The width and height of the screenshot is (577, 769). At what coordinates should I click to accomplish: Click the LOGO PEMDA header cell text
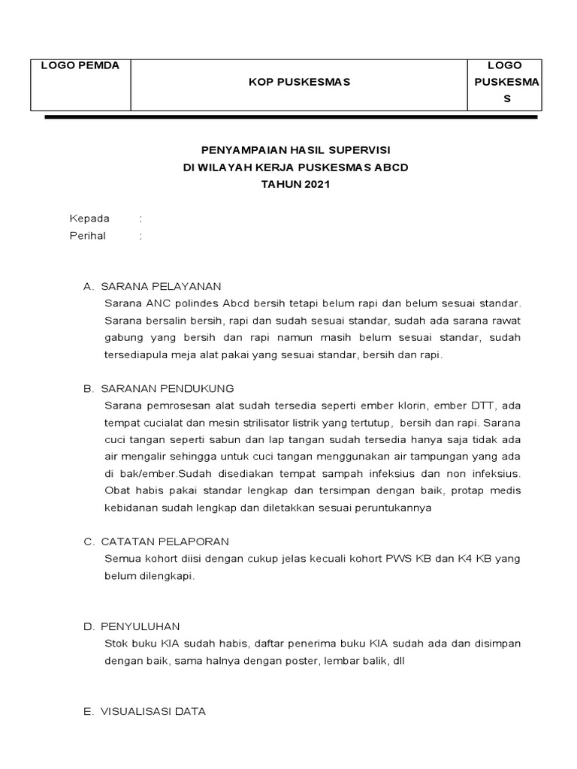click(80, 65)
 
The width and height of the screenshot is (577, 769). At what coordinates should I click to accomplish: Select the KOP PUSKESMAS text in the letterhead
click(299, 82)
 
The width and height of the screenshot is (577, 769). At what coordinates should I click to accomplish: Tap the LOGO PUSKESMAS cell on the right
click(505, 82)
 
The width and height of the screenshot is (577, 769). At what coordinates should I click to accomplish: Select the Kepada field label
click(89, 219)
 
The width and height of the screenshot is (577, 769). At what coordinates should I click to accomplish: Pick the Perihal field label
click(88, 236)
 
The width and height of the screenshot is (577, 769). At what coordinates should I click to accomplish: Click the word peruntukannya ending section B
click(395, 508)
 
